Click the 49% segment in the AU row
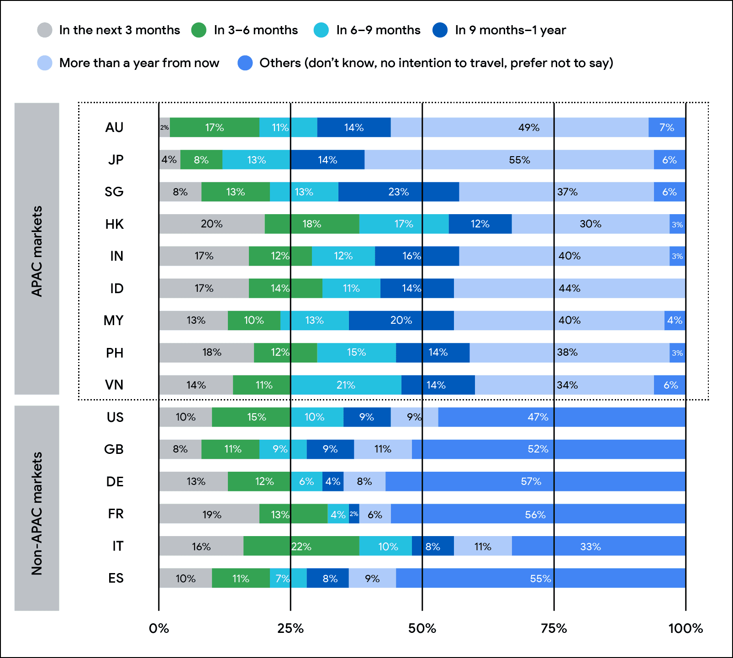pos(519,127)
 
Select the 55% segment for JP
pos(509,160)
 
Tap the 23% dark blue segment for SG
pos(398,192)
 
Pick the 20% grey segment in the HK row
pos(212,224)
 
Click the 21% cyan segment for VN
pos(346,385)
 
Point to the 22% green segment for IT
pos(301,546)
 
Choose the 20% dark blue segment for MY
pos(401,321)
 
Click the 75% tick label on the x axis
pos(554,629)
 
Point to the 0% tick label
pos(159,629)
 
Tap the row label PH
pos(115,353)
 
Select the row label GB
pos(114,449)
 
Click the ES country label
pos(116,579)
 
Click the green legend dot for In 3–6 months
pos(199,30)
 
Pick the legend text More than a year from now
pos(139,63)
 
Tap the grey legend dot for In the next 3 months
pos(45,30)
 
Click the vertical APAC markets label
pos(37,251)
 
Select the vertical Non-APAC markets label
pos(37,513)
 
